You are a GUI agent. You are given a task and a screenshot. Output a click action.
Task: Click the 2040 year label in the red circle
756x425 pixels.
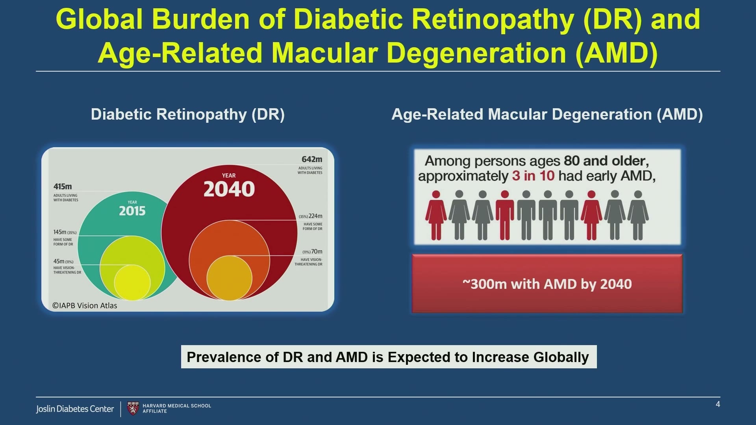229,189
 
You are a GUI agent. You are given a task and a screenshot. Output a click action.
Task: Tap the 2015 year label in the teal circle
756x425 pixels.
132,211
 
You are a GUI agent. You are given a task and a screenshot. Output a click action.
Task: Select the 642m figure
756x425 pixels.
312,159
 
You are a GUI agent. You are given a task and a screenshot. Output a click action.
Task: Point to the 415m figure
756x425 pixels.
63,187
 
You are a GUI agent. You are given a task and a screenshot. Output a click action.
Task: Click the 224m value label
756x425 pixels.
315,216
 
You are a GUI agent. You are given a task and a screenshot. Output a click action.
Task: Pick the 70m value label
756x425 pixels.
317,251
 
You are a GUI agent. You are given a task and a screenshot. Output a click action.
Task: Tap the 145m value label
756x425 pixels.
60,232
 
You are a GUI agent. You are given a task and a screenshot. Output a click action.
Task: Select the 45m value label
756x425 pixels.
59,261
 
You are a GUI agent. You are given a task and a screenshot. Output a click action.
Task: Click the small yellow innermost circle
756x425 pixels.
132,283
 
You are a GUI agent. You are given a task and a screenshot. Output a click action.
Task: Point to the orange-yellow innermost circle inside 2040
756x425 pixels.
229,278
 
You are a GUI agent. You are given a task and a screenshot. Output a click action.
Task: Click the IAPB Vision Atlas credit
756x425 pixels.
85,305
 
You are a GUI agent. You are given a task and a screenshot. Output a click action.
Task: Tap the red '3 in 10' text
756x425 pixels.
533,176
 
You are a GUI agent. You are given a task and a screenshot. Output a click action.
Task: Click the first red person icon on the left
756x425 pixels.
436,215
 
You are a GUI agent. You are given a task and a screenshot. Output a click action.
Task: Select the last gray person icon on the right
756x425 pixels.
638,215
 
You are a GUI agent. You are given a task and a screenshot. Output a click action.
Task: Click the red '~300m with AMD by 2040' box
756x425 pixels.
547,284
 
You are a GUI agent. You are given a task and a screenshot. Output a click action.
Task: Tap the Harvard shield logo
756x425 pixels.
133,408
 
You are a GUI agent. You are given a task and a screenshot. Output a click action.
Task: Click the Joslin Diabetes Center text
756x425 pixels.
75,409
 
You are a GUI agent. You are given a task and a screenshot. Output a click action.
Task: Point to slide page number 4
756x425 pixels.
718,404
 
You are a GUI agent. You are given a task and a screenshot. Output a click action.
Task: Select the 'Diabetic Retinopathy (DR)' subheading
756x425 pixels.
188,115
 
